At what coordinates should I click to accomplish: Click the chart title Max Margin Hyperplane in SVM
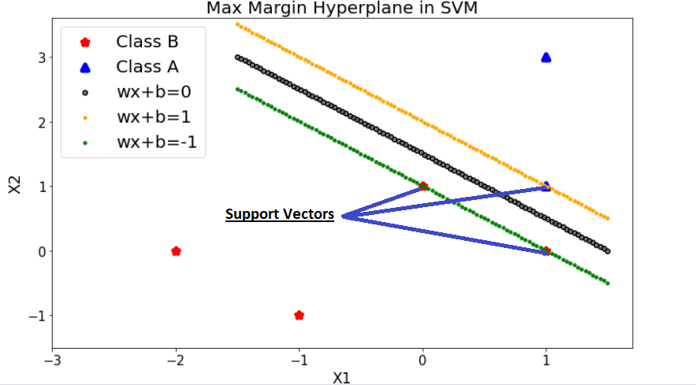click(342, 9)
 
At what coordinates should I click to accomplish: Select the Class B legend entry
click(147, 42)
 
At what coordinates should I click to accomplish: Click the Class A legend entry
click(147, 67)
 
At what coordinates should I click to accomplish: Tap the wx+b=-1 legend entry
click(156, 143)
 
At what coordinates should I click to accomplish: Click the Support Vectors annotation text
click(280, 214)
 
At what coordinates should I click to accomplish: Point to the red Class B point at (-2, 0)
click(176, 251)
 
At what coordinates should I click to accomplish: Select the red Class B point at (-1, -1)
click(299, 315)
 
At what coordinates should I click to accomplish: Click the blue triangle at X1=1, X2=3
click(546, 57)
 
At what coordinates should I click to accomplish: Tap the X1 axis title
click(341, 377)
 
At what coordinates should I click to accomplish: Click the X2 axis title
click(15, 186)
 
